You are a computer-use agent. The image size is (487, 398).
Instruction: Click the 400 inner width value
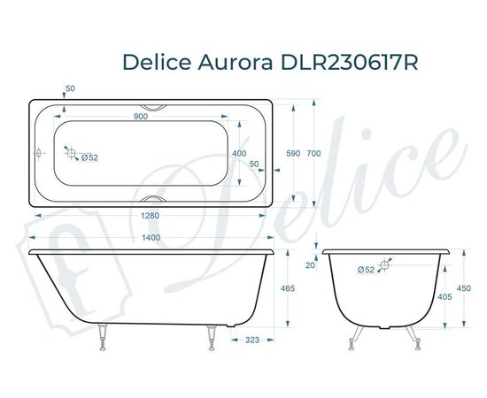[x=239, y=153]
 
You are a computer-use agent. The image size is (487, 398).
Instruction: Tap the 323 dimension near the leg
[x=252, y=340]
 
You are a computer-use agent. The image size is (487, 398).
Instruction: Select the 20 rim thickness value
[x=309, y=264]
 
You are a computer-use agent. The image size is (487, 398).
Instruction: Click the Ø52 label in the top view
[x=89, y=159]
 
